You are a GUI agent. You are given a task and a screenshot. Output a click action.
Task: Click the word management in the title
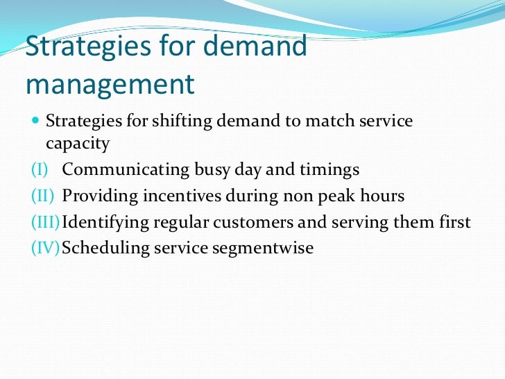click(110, 84)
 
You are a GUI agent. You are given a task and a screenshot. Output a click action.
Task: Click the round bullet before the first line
click(35, 121)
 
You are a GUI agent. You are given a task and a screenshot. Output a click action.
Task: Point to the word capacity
click(78, 144)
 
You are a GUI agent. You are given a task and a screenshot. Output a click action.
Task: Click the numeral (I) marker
click(40, 170)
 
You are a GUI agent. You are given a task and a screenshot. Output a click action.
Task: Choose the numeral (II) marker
click(42, 196)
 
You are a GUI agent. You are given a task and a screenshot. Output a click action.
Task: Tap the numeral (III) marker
click(44, 222)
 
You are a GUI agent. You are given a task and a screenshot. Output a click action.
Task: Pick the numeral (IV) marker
click(44, 248)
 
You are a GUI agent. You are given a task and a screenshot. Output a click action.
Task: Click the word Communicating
click(116, 170)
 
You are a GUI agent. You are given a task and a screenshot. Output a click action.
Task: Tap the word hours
click(383, 196)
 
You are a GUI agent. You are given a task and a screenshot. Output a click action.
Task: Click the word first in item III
click(454, 222)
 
